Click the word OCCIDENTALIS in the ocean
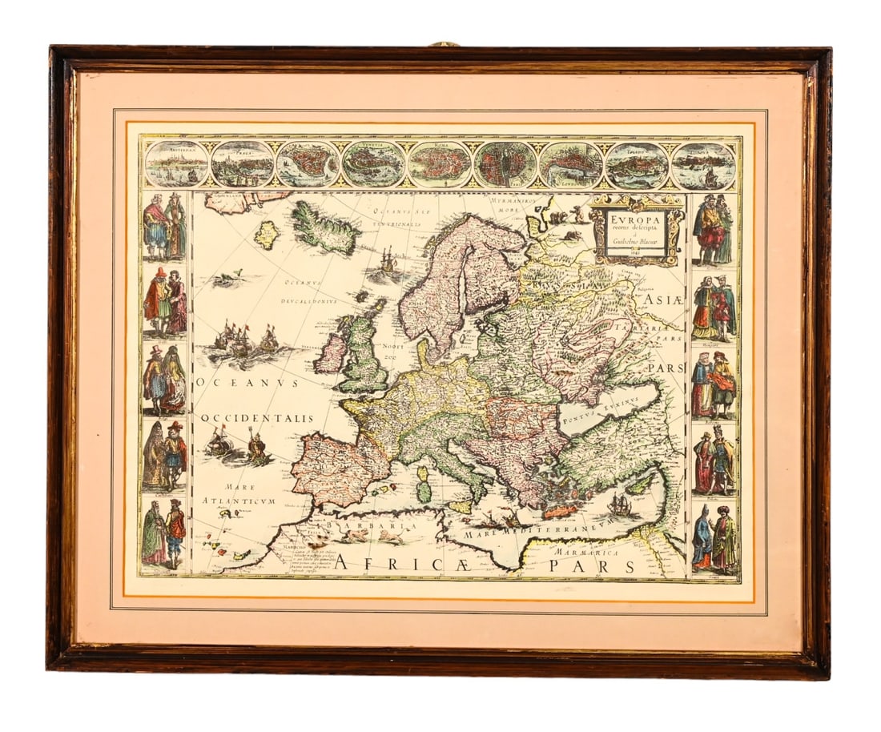[x=256, y=418]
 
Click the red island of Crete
[x=560, y=511]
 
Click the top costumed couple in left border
[x=164, y=226]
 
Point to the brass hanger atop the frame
[x=442, y=44]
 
